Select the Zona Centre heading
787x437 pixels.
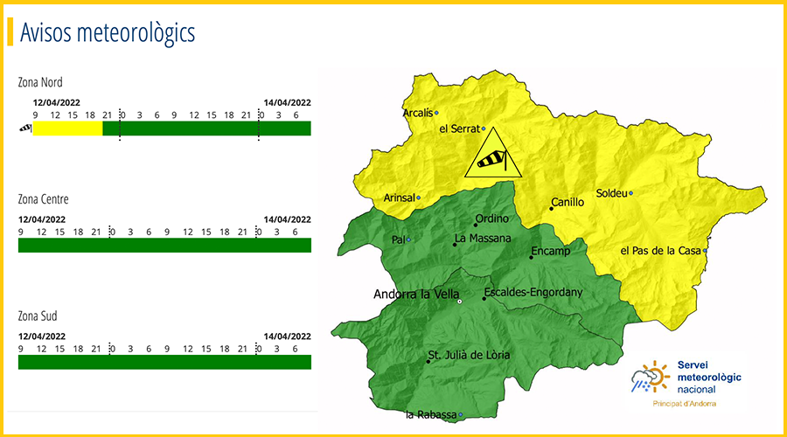[43, 199]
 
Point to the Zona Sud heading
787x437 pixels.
[38, 316]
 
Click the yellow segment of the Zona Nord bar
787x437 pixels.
[67, 128]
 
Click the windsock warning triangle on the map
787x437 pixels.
[491, 156]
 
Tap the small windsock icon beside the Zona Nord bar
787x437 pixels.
[24, 128]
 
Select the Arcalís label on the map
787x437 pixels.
[418, 113]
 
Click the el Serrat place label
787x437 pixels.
[459, 128]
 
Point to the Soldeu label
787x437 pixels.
[610, 193]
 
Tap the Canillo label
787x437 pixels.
[567, 203]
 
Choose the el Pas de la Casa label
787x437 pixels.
[661, 251]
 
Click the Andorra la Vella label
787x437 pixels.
[416, 295]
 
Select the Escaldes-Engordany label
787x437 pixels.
[533, 292]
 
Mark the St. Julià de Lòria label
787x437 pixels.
[468, 355]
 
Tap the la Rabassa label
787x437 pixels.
[431, 414]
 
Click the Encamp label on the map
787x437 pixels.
[550, 252]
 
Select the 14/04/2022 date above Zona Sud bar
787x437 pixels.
[287, 336]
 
